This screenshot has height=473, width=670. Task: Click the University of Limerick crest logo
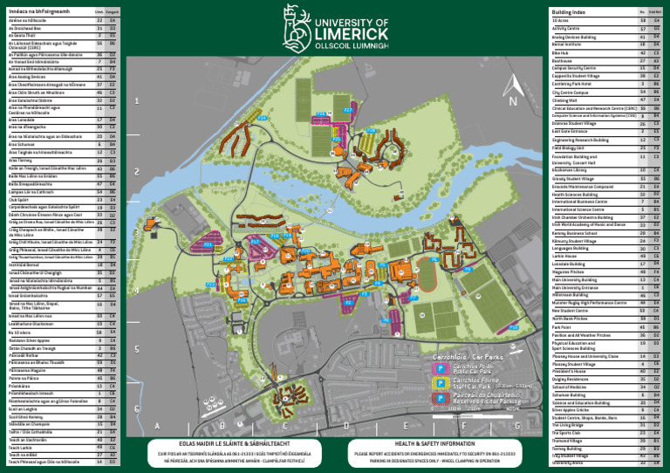click(294, 24)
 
